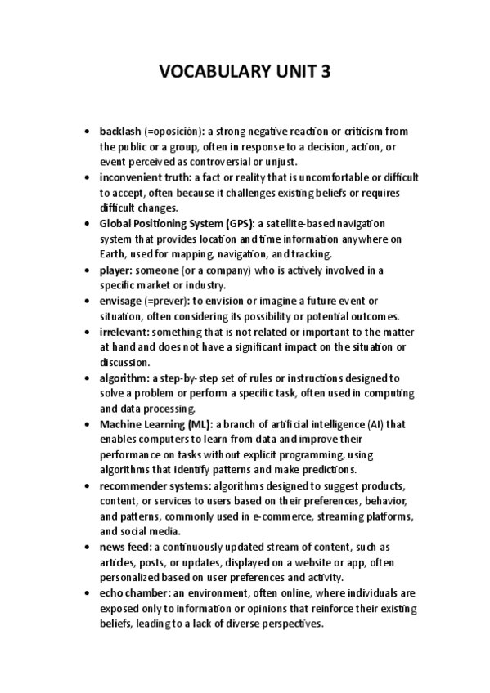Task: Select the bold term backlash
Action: (120, 131)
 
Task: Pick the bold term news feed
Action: (125, 548)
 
